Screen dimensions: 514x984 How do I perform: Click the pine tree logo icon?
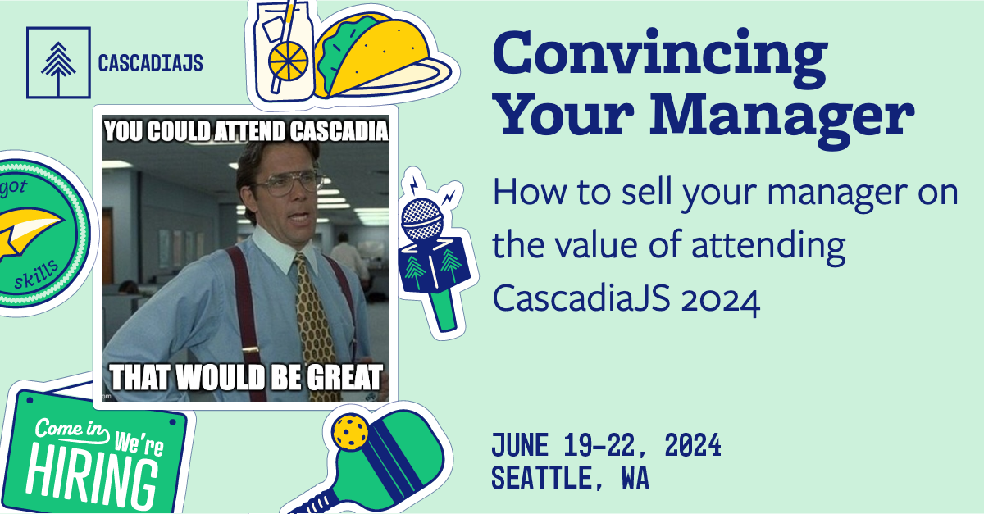click(57, 62)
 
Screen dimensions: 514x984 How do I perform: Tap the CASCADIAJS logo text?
click(150, 63)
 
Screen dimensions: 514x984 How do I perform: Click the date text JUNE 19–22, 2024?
click(606, 447)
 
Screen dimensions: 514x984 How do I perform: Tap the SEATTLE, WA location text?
click(570, 478)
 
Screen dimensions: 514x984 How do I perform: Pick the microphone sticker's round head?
click(423, 216)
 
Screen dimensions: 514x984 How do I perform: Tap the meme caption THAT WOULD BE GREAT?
click(246, 378)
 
